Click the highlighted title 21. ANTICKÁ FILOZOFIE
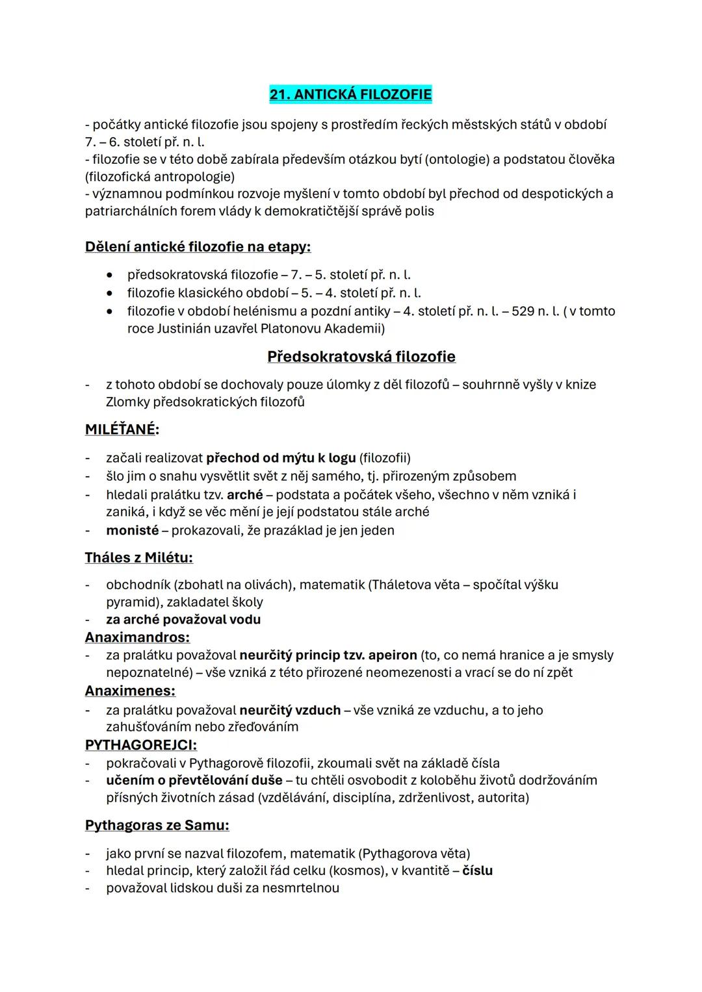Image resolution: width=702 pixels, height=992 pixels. [x=350, y=95]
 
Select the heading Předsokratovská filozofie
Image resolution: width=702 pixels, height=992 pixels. [x=361, y=357]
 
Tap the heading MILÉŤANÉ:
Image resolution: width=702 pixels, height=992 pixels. [x=122, y=430]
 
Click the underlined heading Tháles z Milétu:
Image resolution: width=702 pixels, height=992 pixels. [x=138, y=557]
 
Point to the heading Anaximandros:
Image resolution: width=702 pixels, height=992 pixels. [x=137, y=637]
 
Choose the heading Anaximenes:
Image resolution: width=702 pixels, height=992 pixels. [x=130, y=691]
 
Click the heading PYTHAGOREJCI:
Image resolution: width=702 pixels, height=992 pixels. [x=141, y=744]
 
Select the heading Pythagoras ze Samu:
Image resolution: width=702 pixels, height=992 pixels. [x=157, y=825]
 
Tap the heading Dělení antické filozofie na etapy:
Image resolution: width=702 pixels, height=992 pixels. [x=198, y=247]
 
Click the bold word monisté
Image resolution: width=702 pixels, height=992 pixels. [x=132, y=530]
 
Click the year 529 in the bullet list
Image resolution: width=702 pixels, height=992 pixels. [x=523, y=311]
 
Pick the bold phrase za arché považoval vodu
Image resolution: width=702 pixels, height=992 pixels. [x=183, y=619]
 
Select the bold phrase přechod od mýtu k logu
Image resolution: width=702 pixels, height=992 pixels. [x=281, y=458]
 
